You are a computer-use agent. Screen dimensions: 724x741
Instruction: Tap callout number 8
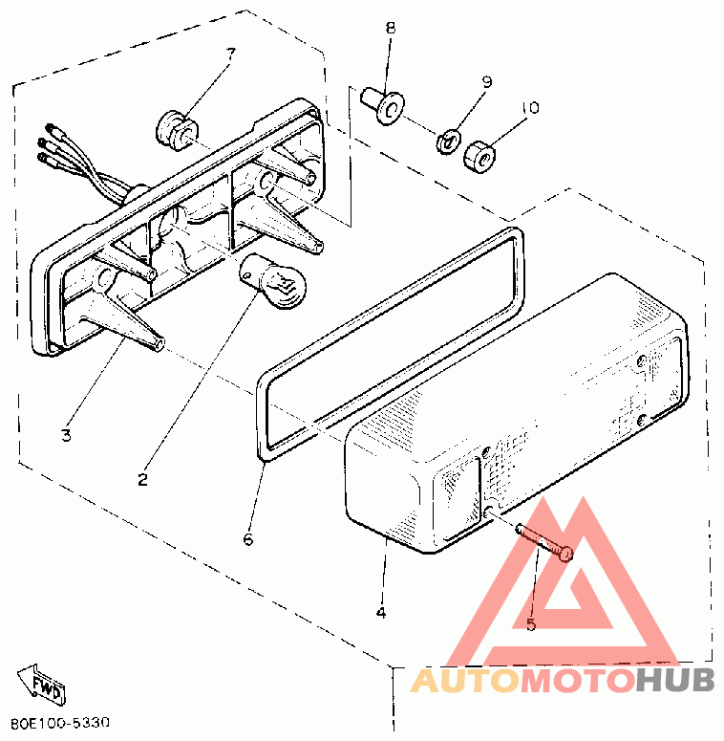coord(390,28)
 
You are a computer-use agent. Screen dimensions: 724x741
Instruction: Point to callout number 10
coord(530,108)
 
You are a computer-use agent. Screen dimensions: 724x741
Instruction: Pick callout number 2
coord(143,479)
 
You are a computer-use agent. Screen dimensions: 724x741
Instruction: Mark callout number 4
coord(380,612)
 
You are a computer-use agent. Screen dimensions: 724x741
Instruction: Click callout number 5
coord(531,624)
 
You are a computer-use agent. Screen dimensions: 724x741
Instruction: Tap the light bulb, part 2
coord(275,282)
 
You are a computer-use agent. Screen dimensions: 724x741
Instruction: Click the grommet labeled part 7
coord(175,127)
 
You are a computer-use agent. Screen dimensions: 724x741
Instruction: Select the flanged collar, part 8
coord(382,104)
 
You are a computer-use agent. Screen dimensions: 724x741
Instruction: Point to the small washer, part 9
coord(446,142)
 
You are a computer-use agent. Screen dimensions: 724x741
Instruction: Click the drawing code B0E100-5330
coord(61,722)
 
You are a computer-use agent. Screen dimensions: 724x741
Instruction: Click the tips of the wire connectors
coord(42,142)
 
